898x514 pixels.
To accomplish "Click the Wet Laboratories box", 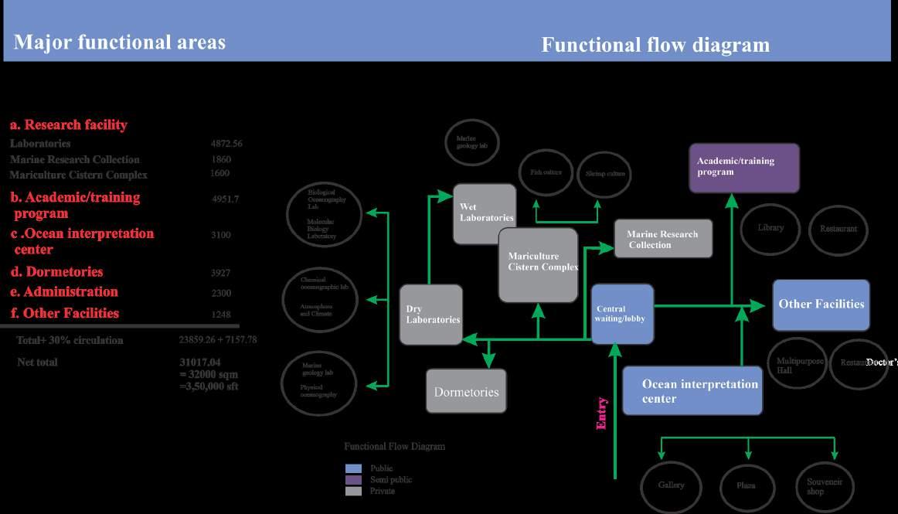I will (484, 213).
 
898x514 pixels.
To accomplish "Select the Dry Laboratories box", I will (430, 314).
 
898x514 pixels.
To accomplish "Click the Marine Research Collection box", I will (662, 239).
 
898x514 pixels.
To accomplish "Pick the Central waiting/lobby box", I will (621, 313).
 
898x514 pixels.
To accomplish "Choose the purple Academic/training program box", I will (743, 168).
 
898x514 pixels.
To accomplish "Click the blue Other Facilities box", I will (821, 305).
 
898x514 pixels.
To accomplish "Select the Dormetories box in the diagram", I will (466, 391).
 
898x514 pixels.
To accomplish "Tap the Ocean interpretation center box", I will (692, 391).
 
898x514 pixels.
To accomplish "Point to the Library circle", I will (770, 228).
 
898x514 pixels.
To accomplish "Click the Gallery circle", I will (671, 485).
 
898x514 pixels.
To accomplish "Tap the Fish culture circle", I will (546, 172).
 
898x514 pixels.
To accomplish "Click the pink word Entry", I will (601, 413).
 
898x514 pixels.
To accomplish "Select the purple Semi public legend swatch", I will (353, 479).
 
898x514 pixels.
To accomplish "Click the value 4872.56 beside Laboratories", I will (226, 144).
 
